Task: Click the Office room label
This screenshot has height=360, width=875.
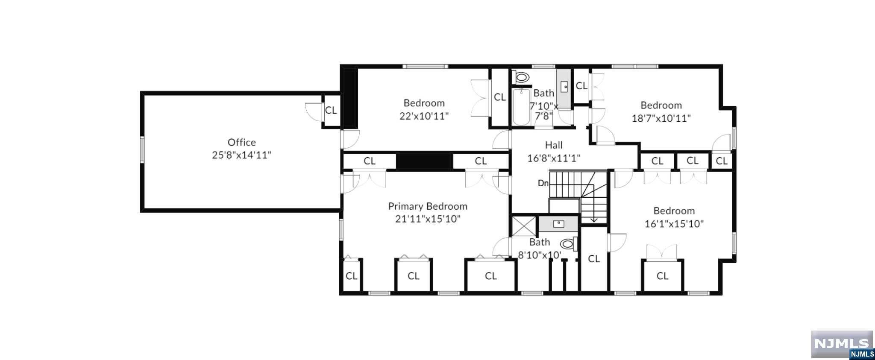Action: (x=241, y=142)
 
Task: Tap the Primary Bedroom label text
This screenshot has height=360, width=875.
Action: (x=427, y=206)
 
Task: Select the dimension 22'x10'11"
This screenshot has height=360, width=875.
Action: (x=424, y=116)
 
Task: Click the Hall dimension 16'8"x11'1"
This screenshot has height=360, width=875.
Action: (x=553, y=158)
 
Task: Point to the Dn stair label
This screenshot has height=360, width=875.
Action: (x=543, y=183)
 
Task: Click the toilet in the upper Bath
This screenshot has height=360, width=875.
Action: (x=522, y=78)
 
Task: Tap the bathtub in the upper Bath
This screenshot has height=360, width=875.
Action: (x=521, y=107)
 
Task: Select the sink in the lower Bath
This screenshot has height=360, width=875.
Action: (x=558, y=223)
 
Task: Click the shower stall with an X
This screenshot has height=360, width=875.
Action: (x=524, y=226)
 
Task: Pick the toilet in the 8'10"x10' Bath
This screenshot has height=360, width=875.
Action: (x=567, y=244)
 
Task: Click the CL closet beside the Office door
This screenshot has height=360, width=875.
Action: (x=331, y=110)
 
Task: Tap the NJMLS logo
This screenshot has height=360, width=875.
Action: (x=842, y=344)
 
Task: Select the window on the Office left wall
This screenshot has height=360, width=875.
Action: (x=142, y=149)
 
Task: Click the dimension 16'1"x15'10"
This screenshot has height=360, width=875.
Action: (x=674, y=224)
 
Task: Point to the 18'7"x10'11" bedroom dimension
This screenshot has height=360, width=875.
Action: (x=661, y=118)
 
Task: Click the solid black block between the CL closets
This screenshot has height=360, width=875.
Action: (x=424, y=161)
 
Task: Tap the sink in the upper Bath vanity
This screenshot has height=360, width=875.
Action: (x=564, y=87)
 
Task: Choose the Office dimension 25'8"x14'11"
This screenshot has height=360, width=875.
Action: (x=241, y=155)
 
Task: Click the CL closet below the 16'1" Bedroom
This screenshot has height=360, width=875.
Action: (x=662, y=276)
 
